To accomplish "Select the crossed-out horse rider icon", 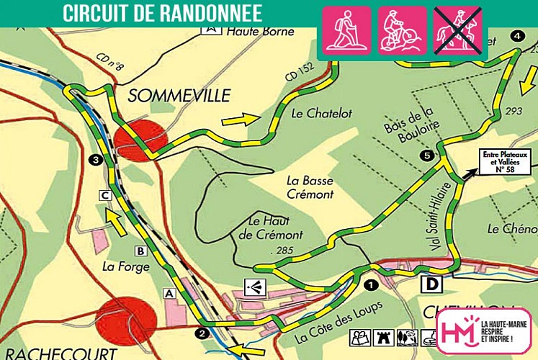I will pos(458,30).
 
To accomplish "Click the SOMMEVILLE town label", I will pos(179,96).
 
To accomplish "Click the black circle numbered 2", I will pos(202,332).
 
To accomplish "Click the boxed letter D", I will pos(432,285).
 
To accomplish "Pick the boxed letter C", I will pos(105,194).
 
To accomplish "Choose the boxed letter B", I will pos(140,251).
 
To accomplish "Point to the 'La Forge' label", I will pos(125,266).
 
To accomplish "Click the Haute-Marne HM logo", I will pos(483,331).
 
